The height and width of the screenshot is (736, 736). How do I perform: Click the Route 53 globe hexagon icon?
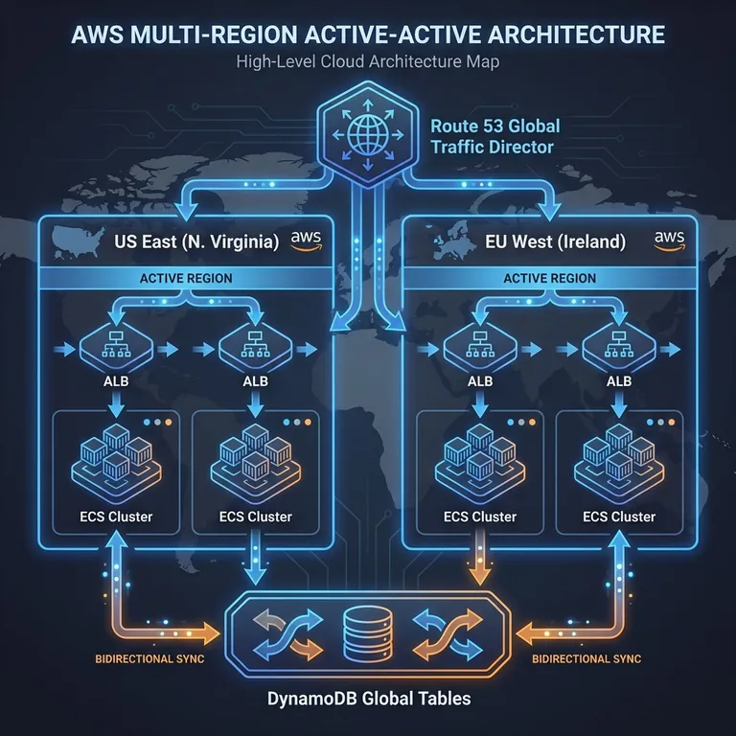(367, 141)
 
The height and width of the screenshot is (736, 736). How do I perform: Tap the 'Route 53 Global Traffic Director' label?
(494, 137)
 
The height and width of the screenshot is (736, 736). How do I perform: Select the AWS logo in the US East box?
(304, 241)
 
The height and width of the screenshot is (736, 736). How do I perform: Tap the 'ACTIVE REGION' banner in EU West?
(549, 278)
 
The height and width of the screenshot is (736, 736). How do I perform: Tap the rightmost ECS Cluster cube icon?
(619, 459)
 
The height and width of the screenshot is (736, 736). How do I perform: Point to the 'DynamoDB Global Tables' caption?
(368, 698)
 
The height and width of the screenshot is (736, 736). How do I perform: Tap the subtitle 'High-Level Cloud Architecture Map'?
(368, 63)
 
